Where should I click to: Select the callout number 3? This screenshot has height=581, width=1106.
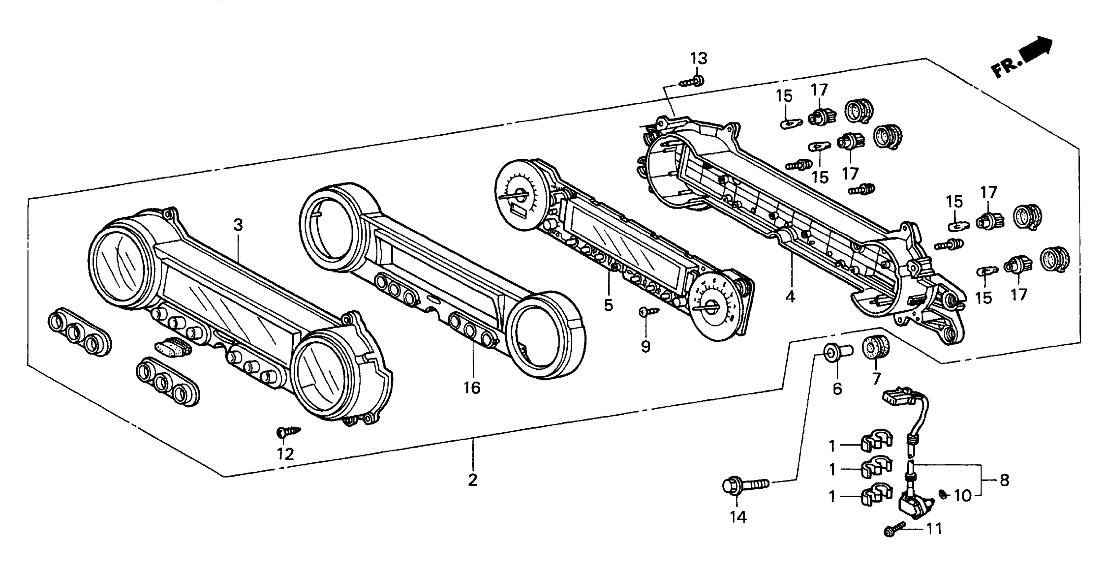pos(238,225)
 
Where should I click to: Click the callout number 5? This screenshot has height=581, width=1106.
pos(608,305)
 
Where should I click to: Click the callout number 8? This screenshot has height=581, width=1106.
pos(1004,480)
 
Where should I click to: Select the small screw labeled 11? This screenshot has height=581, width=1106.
pos(894,529)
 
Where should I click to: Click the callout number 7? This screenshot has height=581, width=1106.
pos(876,378)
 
